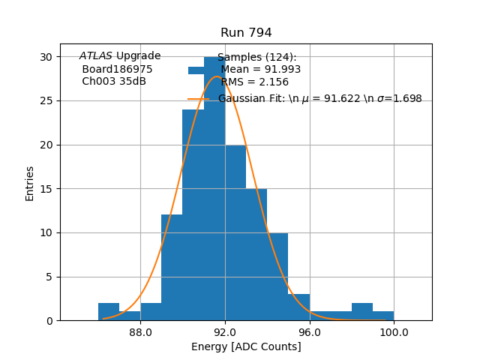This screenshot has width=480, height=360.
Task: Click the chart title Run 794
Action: [246, 33]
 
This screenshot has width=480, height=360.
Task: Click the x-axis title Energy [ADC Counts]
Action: [246, 346]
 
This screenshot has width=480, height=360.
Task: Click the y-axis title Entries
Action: [30, 183]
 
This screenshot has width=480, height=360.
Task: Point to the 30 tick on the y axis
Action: [46, 57]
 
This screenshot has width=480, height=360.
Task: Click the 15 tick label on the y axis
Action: [46, 189]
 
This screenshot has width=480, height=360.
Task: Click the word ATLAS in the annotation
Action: [95, 56]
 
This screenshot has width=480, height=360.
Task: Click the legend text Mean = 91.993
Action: [260, 70]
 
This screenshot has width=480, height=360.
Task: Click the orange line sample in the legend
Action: [198, 99]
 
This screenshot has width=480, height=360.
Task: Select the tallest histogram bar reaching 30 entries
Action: [214, 210]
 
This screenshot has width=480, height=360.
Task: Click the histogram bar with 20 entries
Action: [235, 232]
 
